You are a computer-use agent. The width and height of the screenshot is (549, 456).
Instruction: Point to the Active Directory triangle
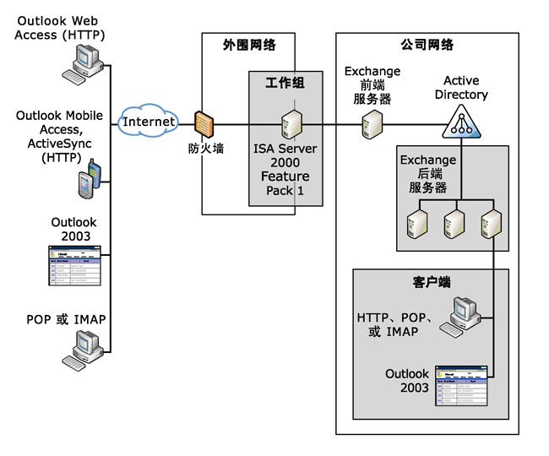461,123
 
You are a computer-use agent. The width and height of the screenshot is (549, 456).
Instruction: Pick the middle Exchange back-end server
454,221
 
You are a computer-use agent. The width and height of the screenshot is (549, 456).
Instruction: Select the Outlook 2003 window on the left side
74,265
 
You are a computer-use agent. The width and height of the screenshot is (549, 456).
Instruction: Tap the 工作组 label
285,83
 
